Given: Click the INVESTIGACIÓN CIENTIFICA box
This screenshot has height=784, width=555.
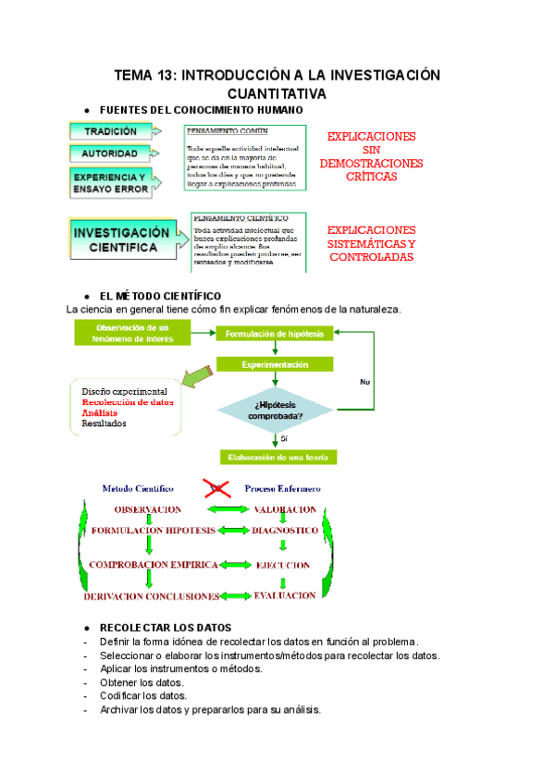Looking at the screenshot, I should coord(120,239).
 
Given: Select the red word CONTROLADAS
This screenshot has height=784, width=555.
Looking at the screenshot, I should coord(371,257).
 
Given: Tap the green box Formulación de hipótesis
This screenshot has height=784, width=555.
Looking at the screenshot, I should coord(275,335).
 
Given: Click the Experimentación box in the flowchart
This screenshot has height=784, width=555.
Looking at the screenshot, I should coord(275,365).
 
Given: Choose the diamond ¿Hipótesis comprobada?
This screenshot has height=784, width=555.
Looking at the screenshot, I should coord(276,409).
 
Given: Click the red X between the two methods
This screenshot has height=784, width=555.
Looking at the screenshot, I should coord(217,486).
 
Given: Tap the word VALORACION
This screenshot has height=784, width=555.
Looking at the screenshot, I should coord(285,509).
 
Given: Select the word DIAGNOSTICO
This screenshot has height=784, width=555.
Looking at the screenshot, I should coord(285,532).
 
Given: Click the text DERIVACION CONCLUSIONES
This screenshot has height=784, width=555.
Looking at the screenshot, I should coord(152,596).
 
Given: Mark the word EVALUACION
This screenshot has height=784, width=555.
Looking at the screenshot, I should coord(285,596).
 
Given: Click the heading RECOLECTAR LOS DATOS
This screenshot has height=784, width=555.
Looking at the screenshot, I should coord(165,628).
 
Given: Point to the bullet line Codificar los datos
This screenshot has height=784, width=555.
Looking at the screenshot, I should coord(143,695).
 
